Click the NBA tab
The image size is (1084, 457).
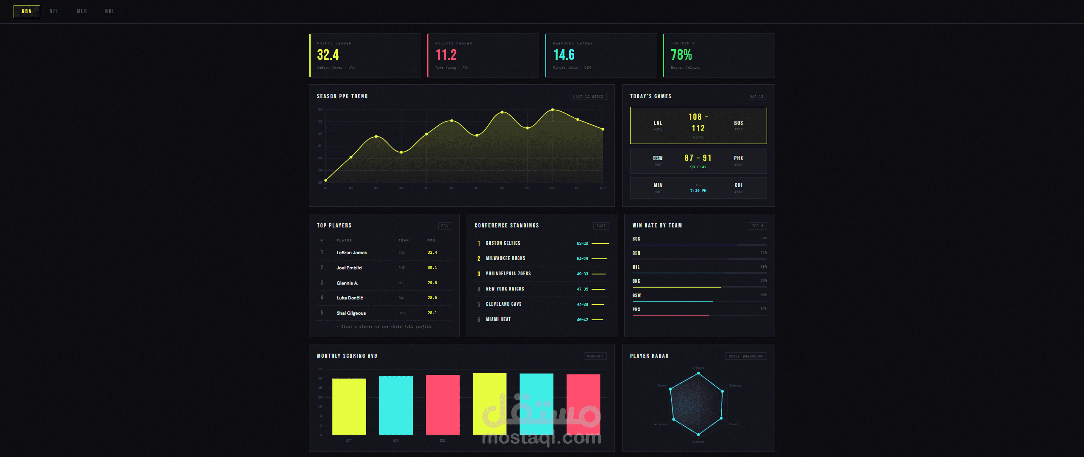[x=27, y=11]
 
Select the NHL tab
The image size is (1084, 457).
[x=110, y=11]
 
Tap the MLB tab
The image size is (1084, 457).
[x=82, y=11]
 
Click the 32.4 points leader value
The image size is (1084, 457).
[x=328, y=55]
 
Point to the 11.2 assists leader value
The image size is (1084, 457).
[x=446, y=55]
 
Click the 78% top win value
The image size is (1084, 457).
[x=681, y=55]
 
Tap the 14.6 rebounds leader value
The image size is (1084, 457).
[x=564, y=55]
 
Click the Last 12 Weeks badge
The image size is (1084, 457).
[x=588, y=97]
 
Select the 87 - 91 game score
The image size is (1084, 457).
[x=698, y=158]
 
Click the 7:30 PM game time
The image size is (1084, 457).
[x=698, y=191]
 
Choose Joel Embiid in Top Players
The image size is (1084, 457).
[x=349, y=268]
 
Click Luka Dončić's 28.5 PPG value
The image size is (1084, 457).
[x=432, y=298]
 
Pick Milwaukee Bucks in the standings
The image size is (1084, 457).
[x=505, y=258]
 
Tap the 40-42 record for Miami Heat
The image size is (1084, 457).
[x=582, y=320]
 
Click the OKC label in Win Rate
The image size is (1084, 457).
[x=636, y=281]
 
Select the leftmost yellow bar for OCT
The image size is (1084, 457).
[x=349, y=407]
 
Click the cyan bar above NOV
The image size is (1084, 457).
[x=395, y=405]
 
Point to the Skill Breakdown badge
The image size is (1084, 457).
[x=746, y=356]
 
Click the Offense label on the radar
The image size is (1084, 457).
[x=698, y=368]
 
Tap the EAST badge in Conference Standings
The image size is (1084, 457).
[x=600, y=226]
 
